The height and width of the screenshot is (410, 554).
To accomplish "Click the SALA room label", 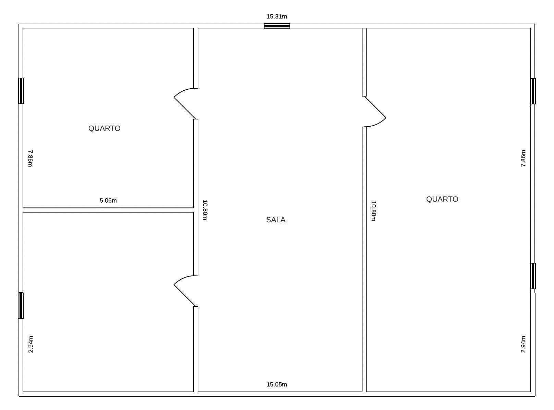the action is (x=275, y=220).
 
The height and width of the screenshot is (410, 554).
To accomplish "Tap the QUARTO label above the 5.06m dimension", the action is (x=104, y=128).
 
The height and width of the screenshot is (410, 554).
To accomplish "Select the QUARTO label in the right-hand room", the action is (x=442, y=199).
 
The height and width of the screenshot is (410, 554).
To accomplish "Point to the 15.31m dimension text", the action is (x=277, y=16).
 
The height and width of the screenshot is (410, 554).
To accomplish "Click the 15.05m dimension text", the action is (x=277, y=384).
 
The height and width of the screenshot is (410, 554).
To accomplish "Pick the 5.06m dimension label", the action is (x=108, y=201).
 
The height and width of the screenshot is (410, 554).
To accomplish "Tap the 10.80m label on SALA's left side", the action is (x=205, y=210).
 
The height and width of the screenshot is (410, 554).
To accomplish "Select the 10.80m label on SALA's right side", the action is (x=373, y=211).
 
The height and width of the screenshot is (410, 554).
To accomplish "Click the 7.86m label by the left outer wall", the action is (x=30, y=158).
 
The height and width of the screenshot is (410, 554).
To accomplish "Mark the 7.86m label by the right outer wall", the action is (x=523, y=158).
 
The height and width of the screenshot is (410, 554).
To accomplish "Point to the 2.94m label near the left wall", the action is (x=31, y=344).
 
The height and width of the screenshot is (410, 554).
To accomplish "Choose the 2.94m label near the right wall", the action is (x=523, y=344).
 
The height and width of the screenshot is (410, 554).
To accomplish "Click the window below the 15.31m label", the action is (x=277, y=26).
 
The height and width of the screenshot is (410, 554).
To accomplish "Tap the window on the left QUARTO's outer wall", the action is (x=21, y=91).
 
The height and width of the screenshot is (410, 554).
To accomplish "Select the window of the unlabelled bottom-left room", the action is (x=21, y=305).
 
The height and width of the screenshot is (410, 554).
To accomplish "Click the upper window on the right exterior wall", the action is (x=533, y=91).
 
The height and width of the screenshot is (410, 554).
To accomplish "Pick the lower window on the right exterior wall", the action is (x=533, y=276).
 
